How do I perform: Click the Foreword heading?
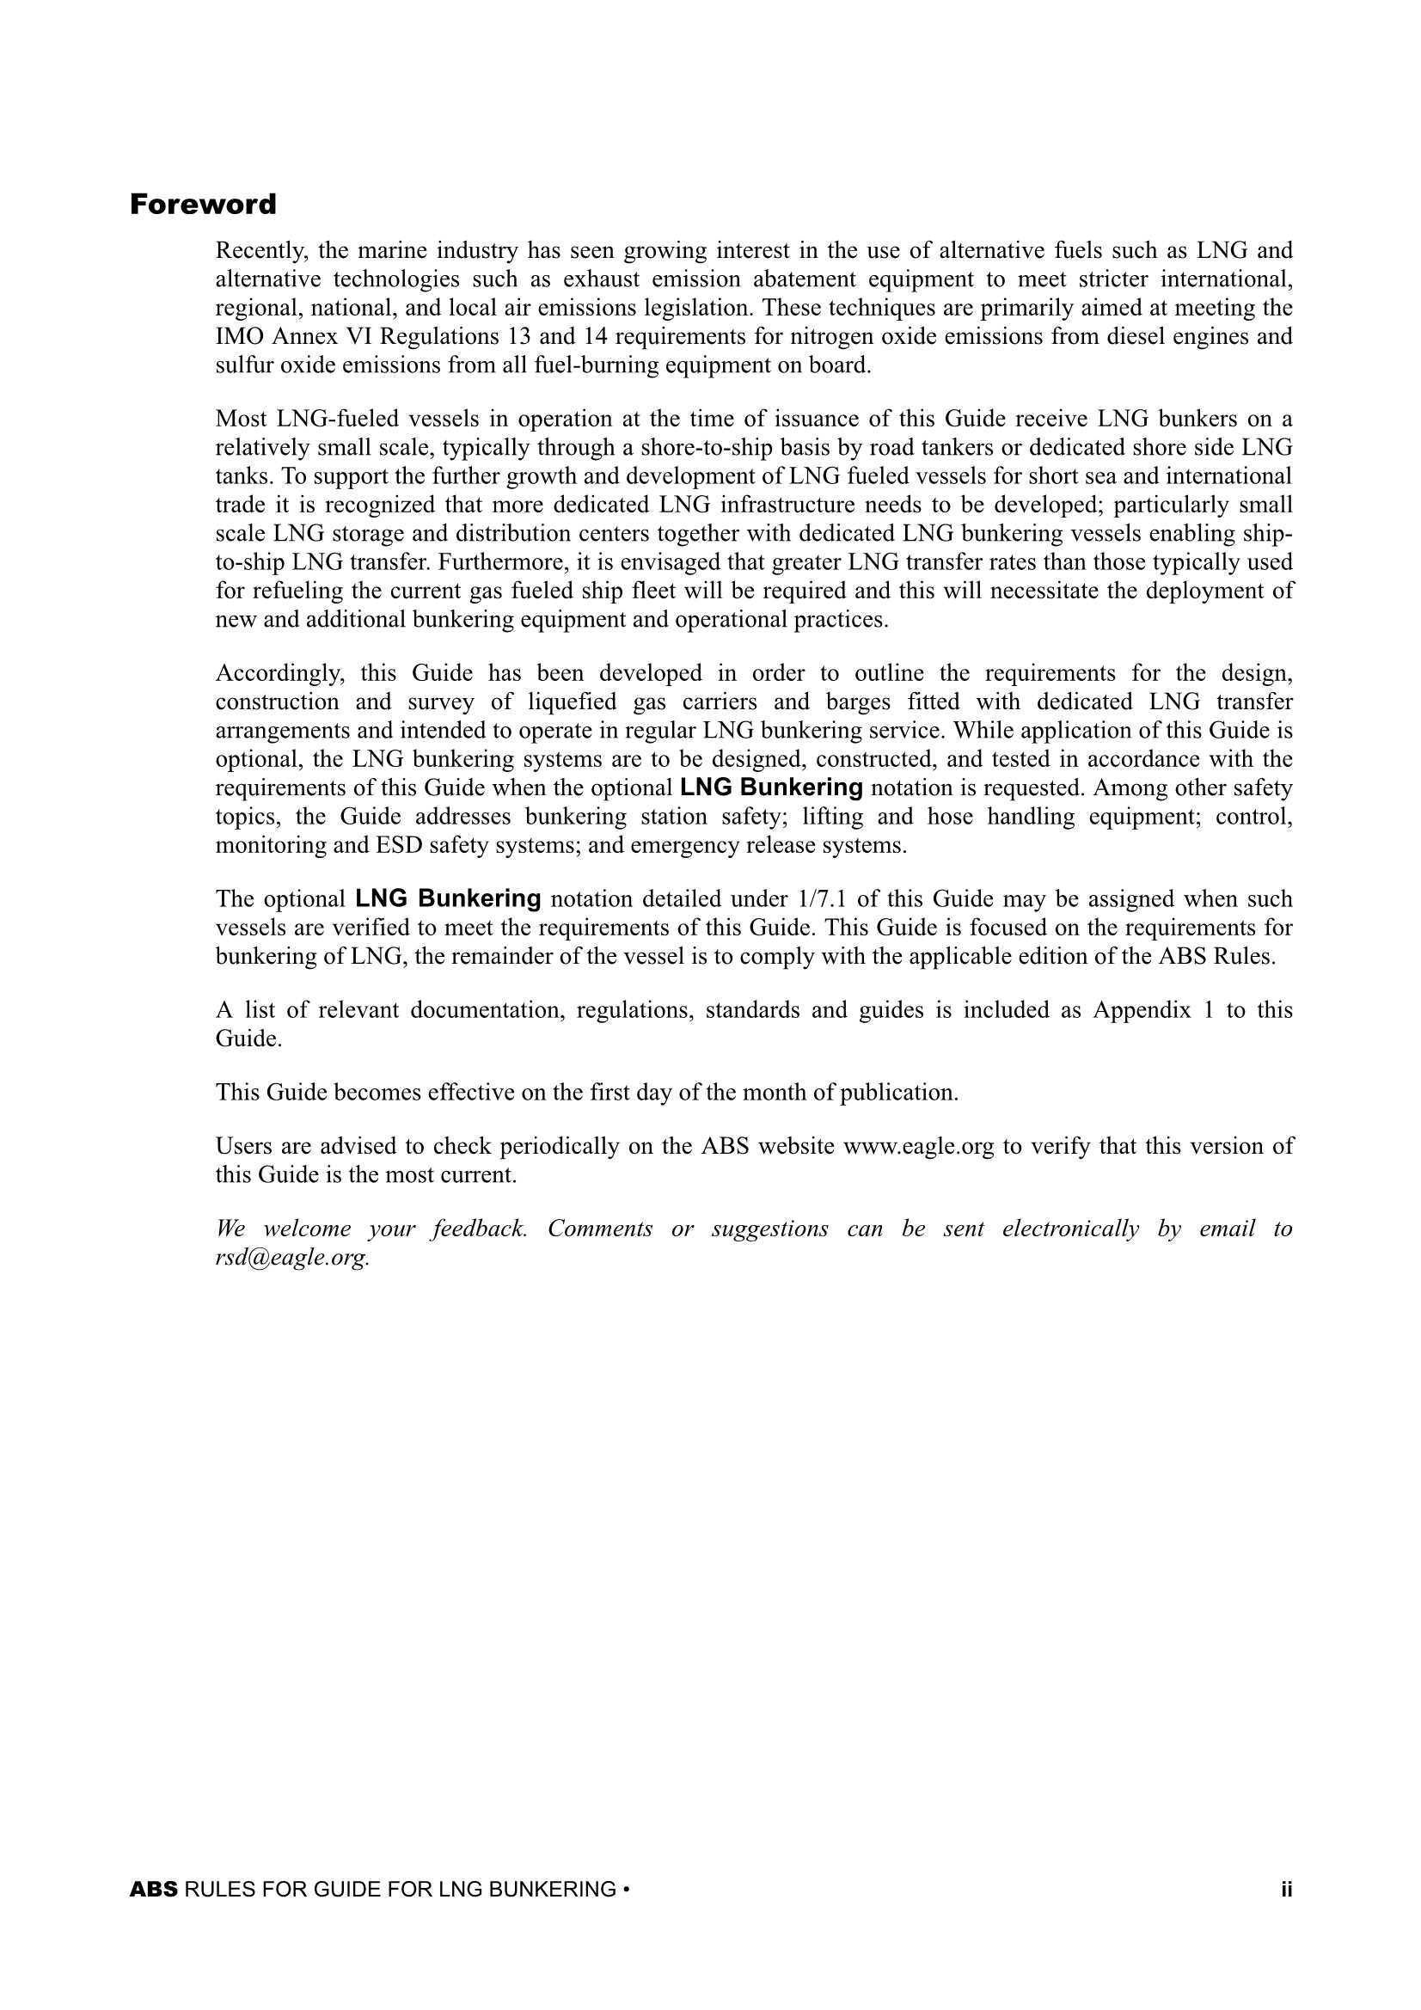[x=202, y=205]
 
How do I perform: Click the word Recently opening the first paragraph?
[x=261, y=251]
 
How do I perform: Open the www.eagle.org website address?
[x=917, y=1147]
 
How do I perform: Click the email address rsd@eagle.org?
[x=292, y=1258]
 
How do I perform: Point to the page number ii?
[x=1285, y=1890]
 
